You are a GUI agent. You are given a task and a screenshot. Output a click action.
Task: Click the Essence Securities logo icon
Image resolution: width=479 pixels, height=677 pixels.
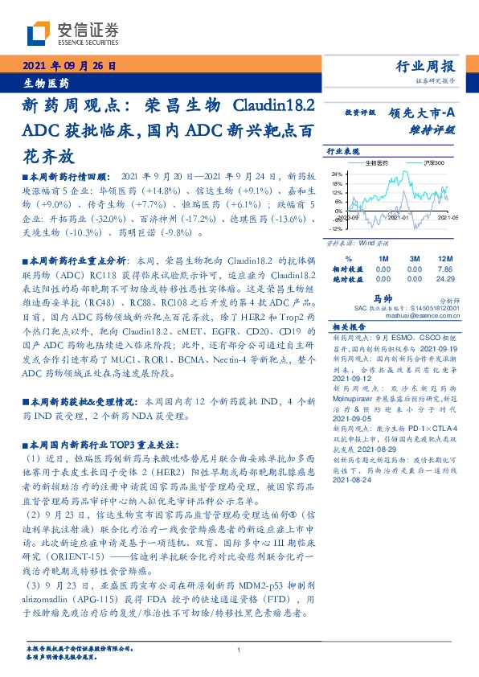tap(38, 33)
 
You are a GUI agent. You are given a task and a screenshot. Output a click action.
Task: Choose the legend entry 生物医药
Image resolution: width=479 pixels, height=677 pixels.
tap(376, 163)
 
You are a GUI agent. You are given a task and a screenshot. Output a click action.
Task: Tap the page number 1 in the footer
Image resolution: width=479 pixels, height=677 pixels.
tap(239, 650)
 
